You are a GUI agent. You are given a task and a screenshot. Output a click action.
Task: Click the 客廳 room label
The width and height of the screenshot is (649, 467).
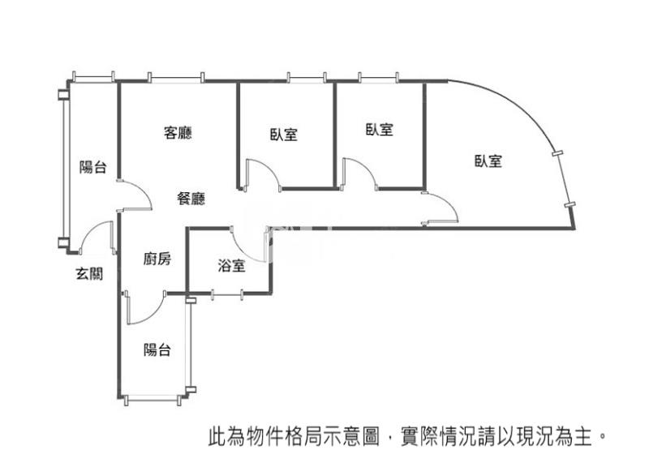click(x=178, y=132)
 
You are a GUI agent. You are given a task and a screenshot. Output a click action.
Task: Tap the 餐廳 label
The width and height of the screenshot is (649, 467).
click(x=191, y=198)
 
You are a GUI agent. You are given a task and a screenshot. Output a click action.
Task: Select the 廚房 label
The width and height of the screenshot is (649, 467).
click(x=157, y=259)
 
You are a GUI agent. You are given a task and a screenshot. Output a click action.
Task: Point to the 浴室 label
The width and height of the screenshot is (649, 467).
click(x=231, y=265)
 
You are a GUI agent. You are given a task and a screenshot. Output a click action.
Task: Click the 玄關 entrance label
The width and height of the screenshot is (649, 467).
click(x=89, y=274)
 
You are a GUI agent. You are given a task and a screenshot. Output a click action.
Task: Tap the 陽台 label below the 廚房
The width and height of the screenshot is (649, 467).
click(x=157, y=350)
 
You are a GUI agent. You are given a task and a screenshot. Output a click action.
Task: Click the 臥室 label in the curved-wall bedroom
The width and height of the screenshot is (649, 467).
click(x=488, y=161)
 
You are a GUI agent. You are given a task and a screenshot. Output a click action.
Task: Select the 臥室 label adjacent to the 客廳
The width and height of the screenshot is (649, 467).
click(x=284, y=135)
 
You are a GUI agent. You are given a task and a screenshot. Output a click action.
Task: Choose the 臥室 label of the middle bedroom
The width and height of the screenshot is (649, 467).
click(x=379, y=129)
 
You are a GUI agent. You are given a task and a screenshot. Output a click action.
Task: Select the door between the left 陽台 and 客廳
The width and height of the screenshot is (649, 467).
click(x=134, y=195)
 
